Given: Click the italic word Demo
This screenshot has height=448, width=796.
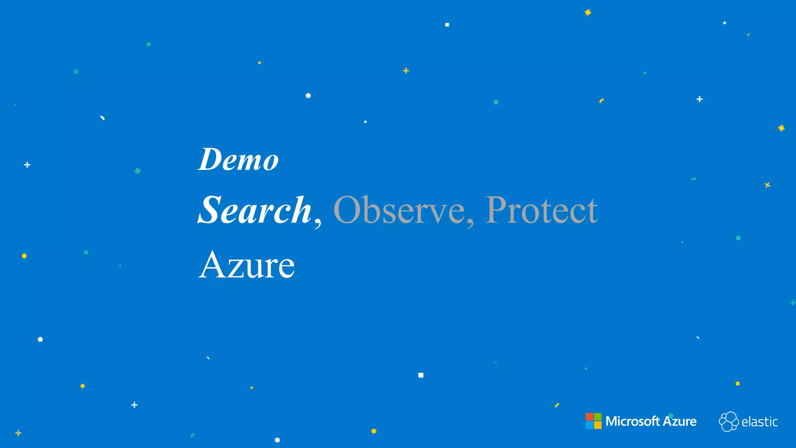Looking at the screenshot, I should (x=238, y=159).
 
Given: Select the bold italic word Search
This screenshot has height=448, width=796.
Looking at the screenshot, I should (x=255, y=210).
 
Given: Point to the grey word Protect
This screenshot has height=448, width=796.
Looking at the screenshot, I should (x=541, y=210).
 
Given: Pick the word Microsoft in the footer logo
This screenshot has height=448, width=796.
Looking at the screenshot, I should (x=632, y=421).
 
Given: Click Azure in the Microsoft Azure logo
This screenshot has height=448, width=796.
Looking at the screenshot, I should (x=679, y=421).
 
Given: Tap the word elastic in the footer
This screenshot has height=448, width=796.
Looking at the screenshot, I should (x=759, y=422).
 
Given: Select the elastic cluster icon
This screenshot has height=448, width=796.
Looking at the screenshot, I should (x=728, y=422).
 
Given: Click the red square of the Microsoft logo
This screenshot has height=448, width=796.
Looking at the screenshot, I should (x=589, y=417).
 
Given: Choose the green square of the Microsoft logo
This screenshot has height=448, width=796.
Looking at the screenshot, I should (x=598, y=417).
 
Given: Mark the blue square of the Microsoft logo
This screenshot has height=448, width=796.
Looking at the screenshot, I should (x=589, y=425).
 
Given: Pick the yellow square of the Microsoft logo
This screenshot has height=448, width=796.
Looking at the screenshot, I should (x=598, y=425).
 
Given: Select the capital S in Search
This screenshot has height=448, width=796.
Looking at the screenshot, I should (x=210, y=210).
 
